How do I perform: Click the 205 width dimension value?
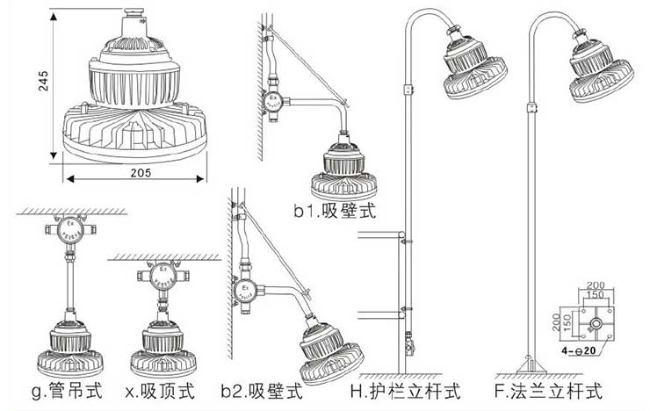(135, 173)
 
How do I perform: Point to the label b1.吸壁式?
(336, 211)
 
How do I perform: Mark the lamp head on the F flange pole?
(602, 68)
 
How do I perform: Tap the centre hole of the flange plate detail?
(596, 324)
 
